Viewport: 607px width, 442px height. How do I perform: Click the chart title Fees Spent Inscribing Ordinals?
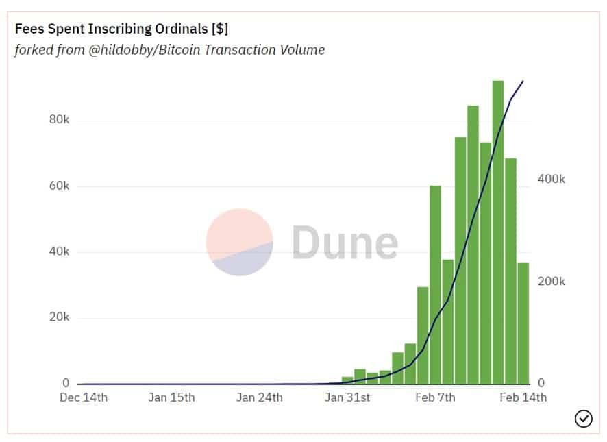[x=121, y=30]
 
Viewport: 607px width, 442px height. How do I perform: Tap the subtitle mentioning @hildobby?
[x=169, y=49]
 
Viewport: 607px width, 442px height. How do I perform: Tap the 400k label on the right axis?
[x=551, y=179]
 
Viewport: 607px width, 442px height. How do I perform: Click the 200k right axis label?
[x=551, y=282]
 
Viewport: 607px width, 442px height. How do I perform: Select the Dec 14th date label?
[x=83, y=397]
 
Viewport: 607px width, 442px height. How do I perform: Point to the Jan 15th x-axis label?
[x=171, y=397]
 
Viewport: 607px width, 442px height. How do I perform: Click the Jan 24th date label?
[x=259, y=397]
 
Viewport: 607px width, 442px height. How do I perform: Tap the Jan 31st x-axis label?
[x=347, y=397]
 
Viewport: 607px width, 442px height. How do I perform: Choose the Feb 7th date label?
[x=435, y=397]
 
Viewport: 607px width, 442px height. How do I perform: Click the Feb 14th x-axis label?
[x=523, y=397]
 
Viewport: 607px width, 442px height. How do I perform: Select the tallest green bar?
[x=498, y=233]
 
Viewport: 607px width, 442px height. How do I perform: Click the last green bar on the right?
[x=523, y=322]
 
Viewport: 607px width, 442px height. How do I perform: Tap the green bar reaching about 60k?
[x=435, y=284]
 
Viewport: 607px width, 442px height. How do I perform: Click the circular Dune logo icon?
[x=240, y=243]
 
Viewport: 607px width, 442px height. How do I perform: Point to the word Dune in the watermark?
[x=345, y=243]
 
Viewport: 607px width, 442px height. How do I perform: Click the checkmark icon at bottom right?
[x=583, y=418]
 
